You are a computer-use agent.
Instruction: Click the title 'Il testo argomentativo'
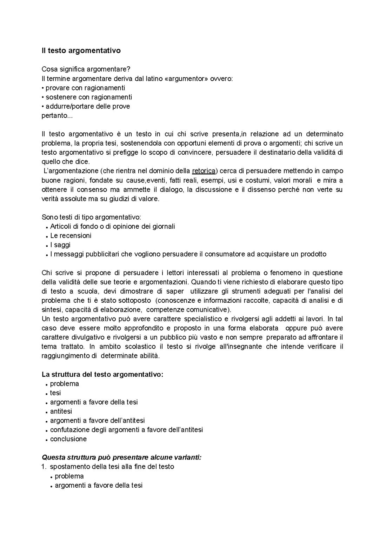pyautogui.click(x=81, y=51)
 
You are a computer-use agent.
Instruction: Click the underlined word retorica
pyautogui.click(x=204, y=171)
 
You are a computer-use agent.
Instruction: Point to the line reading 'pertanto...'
pyautogui.click(x=55, y=115)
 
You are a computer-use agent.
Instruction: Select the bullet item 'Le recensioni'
pyautogui.click(x=71, y=236)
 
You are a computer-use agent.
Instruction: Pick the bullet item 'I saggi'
pyautogui.click(x=60, y=245)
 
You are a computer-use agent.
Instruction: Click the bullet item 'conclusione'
pyautogui.click(x=68, y=439)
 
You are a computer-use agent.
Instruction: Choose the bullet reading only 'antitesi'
pyautogui.click(x=61, y=411)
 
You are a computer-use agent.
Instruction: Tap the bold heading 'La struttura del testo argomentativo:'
pyautogui.click(x=102, y=374)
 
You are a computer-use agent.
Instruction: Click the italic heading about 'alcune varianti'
pyautogui.click(x=121, y=457)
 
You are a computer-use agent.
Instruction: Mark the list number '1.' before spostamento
pyautogui.click(x=44, y=467)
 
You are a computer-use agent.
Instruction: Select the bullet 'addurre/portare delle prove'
pyautogui.click(x=88, y=106)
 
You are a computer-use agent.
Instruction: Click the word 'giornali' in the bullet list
pyautogui.click(x=163, y=226)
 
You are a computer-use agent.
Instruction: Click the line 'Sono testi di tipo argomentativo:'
pyautogui.click(x=92, y=217)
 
